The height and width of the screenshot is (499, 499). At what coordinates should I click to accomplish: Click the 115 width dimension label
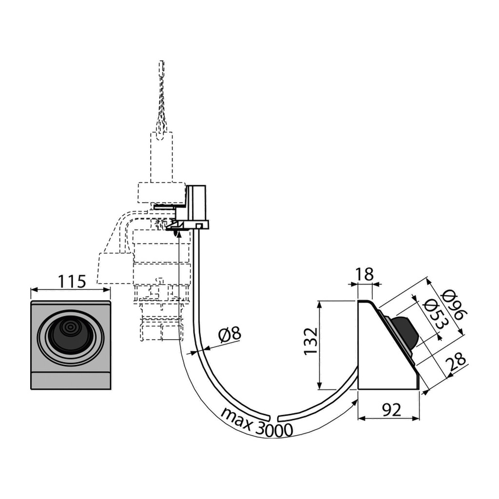[72, 281]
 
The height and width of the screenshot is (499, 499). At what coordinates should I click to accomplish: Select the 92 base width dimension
[391, 410]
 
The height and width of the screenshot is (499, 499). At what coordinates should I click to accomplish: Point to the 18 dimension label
[365, 275]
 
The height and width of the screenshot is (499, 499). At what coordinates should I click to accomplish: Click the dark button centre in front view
[70, 331]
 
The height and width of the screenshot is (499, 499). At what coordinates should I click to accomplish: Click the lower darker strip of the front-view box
[71, 381]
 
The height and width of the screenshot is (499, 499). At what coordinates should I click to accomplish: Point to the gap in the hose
[274, 418]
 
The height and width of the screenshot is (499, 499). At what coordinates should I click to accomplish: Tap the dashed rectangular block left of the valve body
[115, 269]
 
